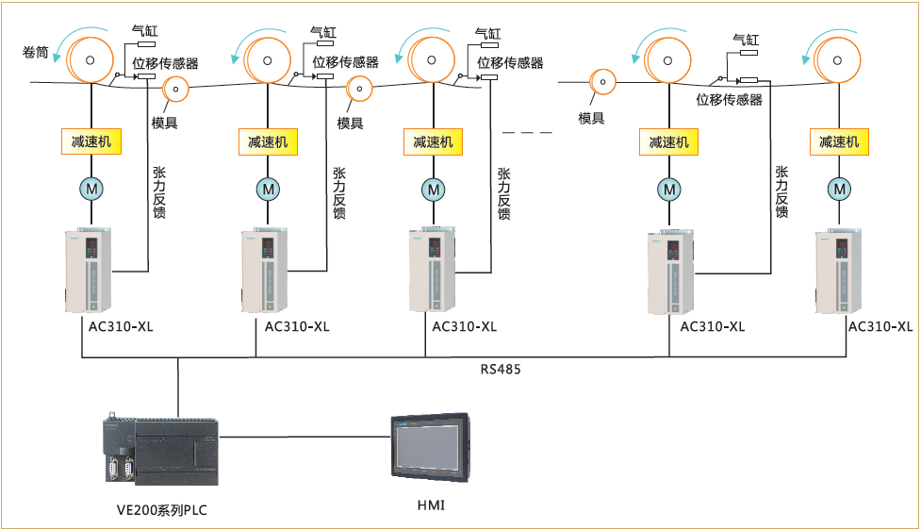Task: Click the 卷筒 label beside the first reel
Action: pos(36,53)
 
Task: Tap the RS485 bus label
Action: pos(501,370)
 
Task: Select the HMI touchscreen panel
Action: pos(430,448)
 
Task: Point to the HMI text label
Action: pos(431,506)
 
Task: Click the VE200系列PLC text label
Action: pos(161,510)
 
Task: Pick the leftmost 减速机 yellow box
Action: pos(90,141)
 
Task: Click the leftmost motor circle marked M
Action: pos(91,190)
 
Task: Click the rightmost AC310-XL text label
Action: pos(880,327)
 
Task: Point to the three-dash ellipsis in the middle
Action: pos(527,132)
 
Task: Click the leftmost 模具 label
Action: pos(165,122)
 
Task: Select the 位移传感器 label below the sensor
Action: pos(729,99)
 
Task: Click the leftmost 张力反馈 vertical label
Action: pos(159,193)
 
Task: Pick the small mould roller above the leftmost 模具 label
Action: pos(176,91)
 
